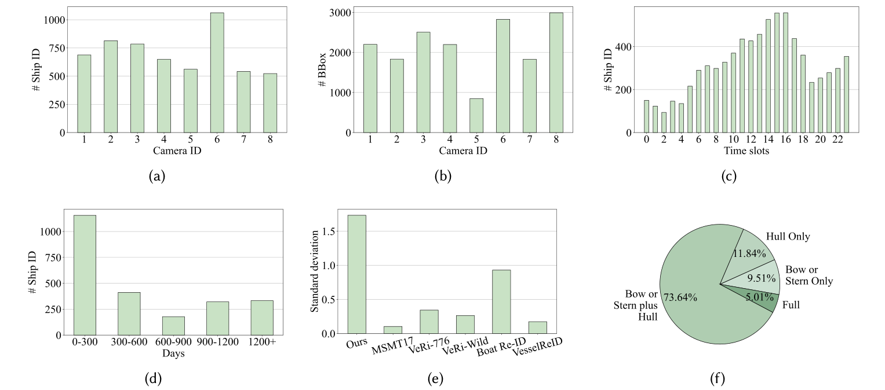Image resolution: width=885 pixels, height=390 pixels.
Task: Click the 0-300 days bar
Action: click(85, 275)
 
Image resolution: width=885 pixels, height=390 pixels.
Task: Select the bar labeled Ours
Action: click(356, 275)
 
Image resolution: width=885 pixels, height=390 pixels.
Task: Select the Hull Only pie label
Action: click(788, 236)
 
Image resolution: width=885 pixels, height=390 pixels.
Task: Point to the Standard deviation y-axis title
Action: click(315, 271)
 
